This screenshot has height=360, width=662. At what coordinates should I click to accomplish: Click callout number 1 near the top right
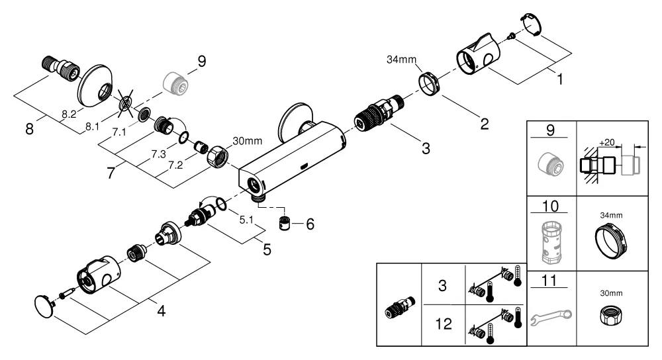tap(559, 79)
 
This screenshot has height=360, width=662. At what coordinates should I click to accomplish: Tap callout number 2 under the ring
tap(485, 123)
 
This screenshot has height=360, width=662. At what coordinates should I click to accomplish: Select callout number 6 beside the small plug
tap(309, 224)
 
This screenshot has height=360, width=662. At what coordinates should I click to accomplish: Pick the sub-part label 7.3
tap(158, 154)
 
